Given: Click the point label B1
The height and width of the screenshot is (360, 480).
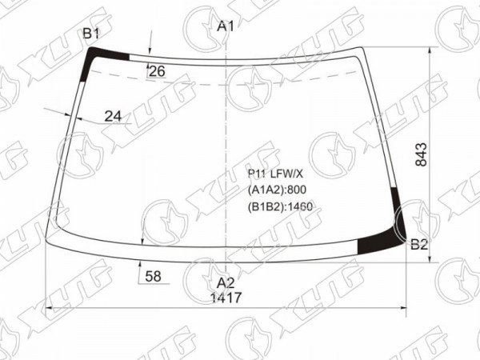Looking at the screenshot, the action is click(91, 34).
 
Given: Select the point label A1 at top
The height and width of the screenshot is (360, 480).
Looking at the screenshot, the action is click(226, 26).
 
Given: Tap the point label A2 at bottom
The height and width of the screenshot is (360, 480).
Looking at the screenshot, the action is click(226, 283).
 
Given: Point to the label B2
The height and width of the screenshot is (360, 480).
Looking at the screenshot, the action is click(419, 245).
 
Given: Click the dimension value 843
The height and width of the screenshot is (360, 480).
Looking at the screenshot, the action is click(422, 154).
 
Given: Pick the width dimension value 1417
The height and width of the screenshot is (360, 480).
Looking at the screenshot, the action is click(226, 298).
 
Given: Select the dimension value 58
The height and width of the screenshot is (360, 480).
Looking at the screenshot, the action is click(153, 277).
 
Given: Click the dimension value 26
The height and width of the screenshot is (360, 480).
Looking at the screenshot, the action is click(157, 71).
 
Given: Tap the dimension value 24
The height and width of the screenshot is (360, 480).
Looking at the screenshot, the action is click(113, 116).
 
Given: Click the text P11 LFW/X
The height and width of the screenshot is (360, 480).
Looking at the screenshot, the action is click(275, 174).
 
